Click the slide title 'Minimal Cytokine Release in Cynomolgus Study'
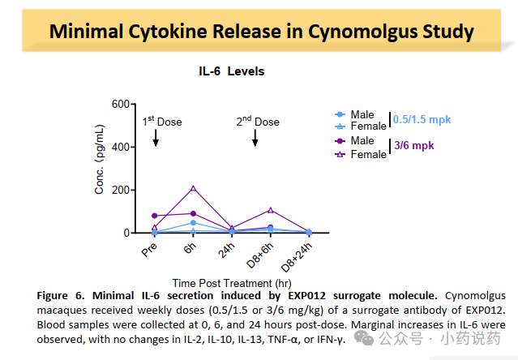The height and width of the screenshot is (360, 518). pyautogui.click(x=261, y=32)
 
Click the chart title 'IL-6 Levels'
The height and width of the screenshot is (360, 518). pyautogui.click(x=232, y=71)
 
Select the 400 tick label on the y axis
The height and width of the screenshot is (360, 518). pyautogui.click(x=120, y=147)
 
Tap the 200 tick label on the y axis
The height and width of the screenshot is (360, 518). pyautogui.click(x=120, y=190)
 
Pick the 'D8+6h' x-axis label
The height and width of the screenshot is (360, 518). pyautogui.click(x=259, y=252)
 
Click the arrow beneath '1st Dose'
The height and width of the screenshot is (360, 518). pyautogui.click(x=156, y=139)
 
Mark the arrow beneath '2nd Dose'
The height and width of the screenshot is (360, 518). pyautogui.click(x=255, y=139)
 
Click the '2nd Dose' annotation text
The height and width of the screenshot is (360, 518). pyautogui.click(x=258, y=122)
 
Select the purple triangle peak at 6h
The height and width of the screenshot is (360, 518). pyautogui.click(x=193, y=188)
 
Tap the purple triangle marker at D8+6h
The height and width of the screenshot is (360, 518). pyautogui.click(x=271, y=210)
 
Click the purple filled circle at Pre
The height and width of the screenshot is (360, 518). pyautogui.click(x=155, y=216)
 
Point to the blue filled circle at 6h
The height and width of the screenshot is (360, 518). pyautogui.click(x=193, y=223)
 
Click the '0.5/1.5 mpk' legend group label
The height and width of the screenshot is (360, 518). pyautogui.click(x=422, y=120)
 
